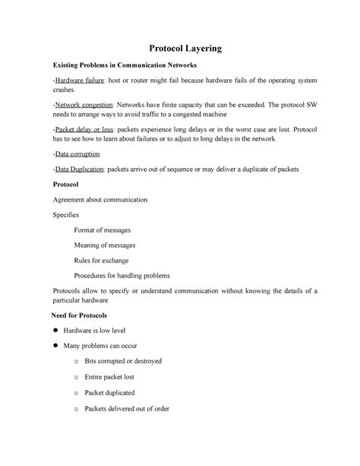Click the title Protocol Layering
pyautogui.click(x=179, y=48)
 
